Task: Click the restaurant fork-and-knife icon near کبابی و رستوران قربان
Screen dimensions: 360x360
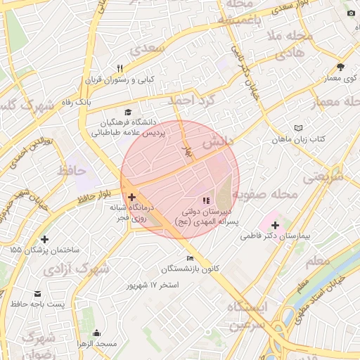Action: click(120, 68)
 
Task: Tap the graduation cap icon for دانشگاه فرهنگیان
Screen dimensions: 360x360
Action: click(127, 112)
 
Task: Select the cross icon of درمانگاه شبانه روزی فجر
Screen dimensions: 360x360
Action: click(131, 198)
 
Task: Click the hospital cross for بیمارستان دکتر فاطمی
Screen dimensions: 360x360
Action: click(275, 226)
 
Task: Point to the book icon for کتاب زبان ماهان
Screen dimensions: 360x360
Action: click(299, 129)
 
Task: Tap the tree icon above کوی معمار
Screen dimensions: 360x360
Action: click(340, 67)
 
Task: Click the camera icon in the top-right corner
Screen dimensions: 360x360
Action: click(351, 13)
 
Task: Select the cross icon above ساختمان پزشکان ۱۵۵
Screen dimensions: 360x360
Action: click(45, 240)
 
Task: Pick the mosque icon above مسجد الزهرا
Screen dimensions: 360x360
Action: click(96, 333)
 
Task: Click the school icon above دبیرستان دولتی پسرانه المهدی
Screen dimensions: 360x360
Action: click(206, 201)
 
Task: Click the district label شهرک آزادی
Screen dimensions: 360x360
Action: click(85, 269)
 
